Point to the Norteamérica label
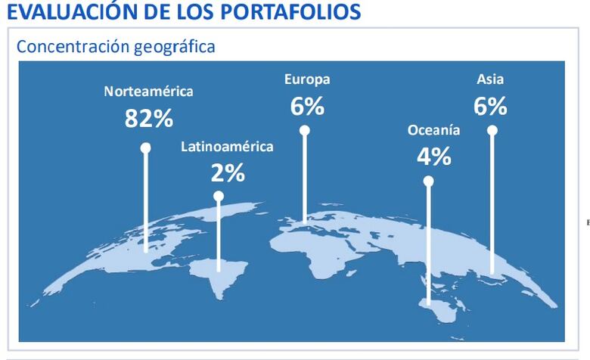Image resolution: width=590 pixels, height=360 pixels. (x=148, y=92)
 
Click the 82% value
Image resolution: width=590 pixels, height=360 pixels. (x=149, y=118)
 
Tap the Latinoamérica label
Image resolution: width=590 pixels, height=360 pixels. (x=227, y=147)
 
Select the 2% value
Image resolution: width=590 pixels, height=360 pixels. (x=228, y=173)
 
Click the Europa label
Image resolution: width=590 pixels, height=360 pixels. (x=307, y=79)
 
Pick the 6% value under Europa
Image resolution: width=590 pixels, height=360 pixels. (x=307, y=107)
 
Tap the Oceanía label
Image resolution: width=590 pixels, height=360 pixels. (x=433, y=130)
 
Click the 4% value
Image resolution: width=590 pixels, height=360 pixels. (x=433, y=157)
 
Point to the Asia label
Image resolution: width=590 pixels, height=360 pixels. (x=490, y=79)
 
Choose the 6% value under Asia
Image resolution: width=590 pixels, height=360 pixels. (x=490, y=107)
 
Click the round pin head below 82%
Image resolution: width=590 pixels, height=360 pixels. (x=145, y=148)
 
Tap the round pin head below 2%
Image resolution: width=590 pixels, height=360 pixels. (x=219, y=196)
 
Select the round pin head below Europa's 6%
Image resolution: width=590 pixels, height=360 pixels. (x=305, y=130)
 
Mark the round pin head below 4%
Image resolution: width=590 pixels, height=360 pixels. (x=429, y=182)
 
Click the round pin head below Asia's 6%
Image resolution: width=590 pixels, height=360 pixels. (x=492, y=130)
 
